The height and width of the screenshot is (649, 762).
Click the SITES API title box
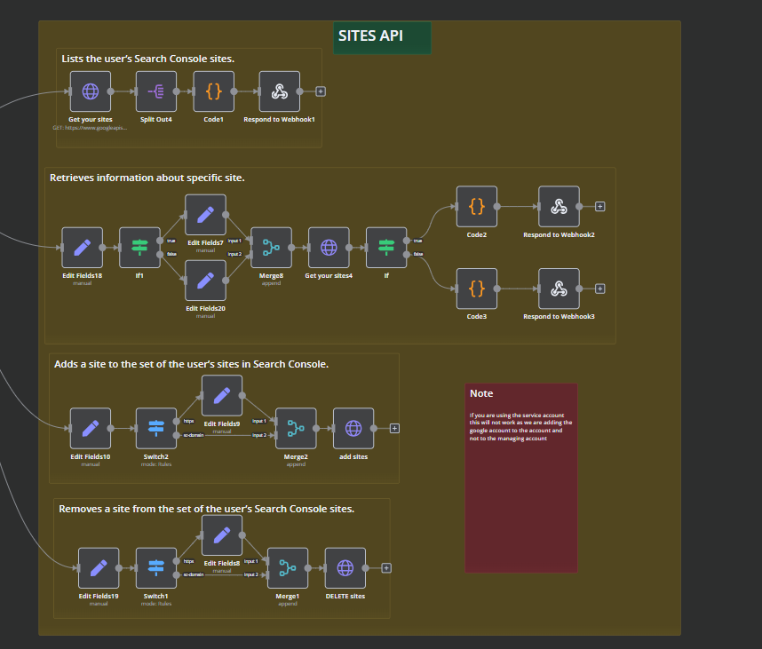382,37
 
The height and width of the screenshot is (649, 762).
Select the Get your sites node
91,91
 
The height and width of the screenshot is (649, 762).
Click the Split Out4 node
156,91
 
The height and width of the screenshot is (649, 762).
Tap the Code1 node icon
213,91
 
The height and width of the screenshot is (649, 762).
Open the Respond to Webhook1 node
279,91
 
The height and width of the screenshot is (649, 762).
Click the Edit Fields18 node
83,248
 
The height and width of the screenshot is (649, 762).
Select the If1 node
139,248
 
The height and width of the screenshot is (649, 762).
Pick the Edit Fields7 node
205,215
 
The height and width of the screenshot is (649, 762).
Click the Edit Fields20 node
205,281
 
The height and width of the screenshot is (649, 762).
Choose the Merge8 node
271,248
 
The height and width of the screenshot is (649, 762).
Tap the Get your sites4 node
329,248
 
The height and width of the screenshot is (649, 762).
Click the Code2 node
477,207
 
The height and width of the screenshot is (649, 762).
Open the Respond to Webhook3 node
559,289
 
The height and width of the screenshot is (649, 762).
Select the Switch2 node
156,428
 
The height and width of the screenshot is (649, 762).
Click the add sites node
353,428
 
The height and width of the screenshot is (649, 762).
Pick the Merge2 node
296,428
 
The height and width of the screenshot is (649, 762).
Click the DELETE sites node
345,568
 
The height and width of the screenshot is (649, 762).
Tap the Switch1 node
156,568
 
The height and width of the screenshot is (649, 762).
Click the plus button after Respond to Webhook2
600,207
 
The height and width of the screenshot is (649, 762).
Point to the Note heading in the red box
481,393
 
